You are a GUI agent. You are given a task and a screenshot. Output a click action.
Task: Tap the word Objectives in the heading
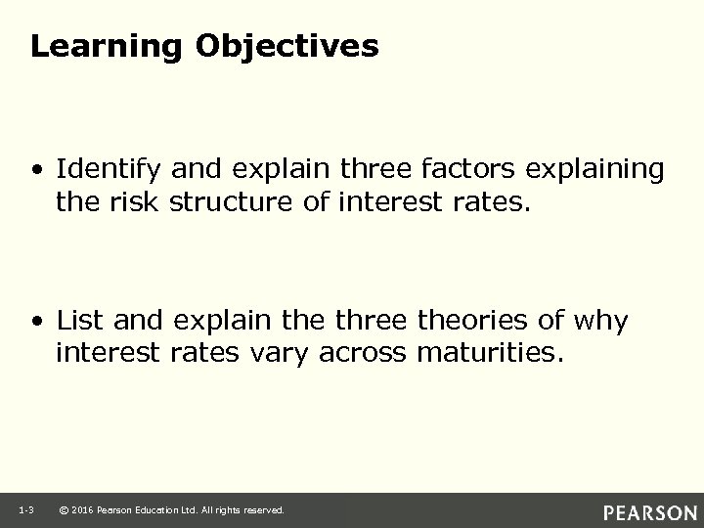click(x=286, y=47)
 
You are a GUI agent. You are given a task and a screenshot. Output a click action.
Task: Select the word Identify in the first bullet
click(x=110, y=170)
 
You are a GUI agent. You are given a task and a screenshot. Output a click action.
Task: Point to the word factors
click(x=463, y=169)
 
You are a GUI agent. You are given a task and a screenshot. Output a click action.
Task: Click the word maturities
click(x=490, y=352)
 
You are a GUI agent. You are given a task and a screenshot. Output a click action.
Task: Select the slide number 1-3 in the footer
click(x=27, y=509)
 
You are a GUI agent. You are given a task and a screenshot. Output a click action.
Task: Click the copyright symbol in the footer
click(x=64, y=510)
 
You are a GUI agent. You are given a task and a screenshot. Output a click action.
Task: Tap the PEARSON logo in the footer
click(x=649, y=511)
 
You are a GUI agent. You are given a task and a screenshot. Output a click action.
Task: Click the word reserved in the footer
click(x=263, y=510)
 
